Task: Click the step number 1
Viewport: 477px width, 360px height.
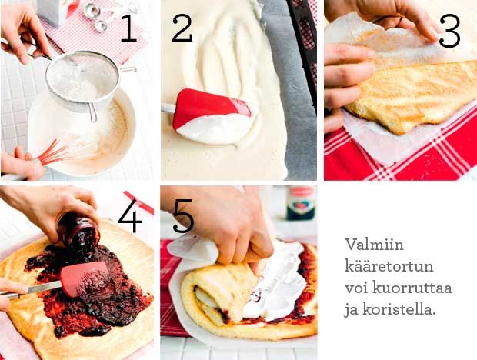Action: [x=128, y=28]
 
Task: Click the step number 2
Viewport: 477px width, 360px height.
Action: [x=182, y=28]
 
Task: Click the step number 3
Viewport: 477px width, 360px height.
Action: [x=449, y=32]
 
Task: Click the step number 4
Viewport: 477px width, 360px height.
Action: [x=130, y=215]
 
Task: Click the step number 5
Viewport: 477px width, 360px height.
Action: [x=183, y=216]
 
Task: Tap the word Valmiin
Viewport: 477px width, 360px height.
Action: [x=374, y=244]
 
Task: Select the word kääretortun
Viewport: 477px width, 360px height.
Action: [x=389, y=266]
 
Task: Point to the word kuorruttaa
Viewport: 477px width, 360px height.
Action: [x=412, y=288]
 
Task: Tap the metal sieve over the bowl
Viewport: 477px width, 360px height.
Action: [x=82, y=80]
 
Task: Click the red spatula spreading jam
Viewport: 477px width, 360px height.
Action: [x=85, y=278]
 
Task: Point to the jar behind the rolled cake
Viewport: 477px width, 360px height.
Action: [x=301, y=203]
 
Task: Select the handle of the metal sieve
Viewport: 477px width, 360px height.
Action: [x=92, y=112]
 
